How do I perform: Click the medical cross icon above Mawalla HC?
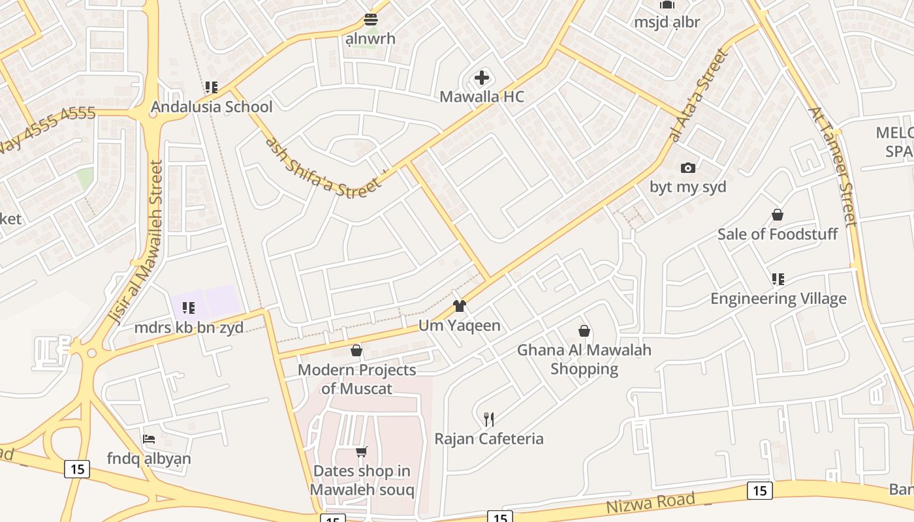click(x=481, y=78)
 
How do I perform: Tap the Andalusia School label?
click(x=212, y=106)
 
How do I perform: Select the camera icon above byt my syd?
click(x=687, y=168)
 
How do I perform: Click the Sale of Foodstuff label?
click(x=777, y=234)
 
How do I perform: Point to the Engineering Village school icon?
click(x=778, y=279)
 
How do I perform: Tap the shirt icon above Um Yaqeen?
click(x=460, y=306)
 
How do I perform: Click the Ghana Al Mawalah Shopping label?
click(x=584, y=359)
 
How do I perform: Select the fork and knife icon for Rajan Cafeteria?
click(x=488, y=419)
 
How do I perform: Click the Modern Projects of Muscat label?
click(x=356, y=379)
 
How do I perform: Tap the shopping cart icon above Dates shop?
click(x=361, y=452)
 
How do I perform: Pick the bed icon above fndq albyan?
click(x=149, y=439)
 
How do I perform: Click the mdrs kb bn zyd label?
click(x=189, y=327)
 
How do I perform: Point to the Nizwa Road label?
click(x=650, y=503)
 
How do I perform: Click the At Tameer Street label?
click(x=832, y=166)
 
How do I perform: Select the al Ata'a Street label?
click(x=699, y=95)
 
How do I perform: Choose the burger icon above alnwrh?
click(x=371, y=20)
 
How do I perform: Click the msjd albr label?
click(x=667, y=22)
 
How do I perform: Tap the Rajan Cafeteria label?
click(x=489, y=438)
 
